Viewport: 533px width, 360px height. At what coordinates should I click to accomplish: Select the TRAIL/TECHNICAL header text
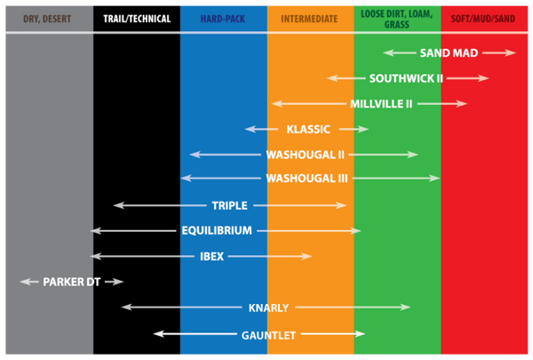coord(136,18)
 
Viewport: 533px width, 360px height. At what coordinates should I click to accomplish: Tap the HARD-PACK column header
coord(222,18)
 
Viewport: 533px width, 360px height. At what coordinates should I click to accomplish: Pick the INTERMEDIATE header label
coord(309,18)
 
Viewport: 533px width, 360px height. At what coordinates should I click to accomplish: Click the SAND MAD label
coord(449,53)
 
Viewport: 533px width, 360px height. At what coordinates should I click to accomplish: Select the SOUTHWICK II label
coord(406,78)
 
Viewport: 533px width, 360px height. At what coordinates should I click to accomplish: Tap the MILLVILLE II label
coord(381,104)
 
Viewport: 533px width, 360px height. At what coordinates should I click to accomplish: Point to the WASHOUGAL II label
coord(305,155)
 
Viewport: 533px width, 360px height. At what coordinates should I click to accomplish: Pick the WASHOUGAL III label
coord(306,179)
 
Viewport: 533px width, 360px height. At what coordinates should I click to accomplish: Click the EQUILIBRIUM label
coord(217,230)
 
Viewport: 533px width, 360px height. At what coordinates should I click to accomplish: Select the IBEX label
coord(211,256)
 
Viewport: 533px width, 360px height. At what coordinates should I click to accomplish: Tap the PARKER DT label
coord(72,282)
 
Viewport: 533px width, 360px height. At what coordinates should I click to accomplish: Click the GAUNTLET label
coord(268,335)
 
